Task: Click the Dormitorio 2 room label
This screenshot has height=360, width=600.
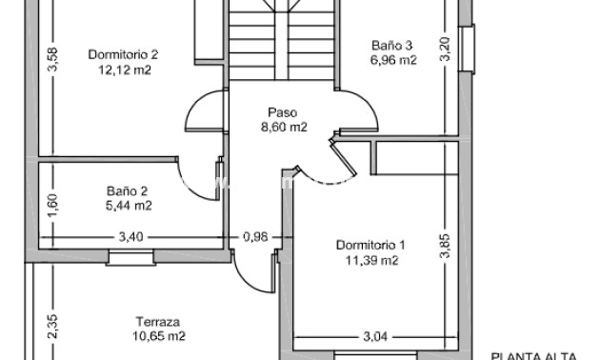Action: point(123,54)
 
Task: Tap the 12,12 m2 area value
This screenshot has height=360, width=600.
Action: point(123,70)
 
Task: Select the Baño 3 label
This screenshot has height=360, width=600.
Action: point(391,45)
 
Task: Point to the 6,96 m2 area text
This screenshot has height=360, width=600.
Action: point(392,60)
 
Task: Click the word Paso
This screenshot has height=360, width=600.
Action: point(284,111)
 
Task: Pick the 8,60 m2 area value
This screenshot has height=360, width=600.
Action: point(284,127)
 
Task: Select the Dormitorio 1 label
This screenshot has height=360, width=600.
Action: point(370,245)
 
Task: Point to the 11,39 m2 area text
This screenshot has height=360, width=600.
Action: point(370,260)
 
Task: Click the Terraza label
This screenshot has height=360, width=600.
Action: point(158,321)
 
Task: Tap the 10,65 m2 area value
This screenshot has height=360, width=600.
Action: point(158,336)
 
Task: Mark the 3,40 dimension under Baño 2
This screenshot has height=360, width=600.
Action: point(130,236)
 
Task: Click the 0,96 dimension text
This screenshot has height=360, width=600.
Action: point(255,236)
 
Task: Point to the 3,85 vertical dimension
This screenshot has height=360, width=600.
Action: point(444,246)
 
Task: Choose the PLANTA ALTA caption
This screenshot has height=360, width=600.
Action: point(534,355)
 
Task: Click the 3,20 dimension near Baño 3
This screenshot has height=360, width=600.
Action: point(444,50)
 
